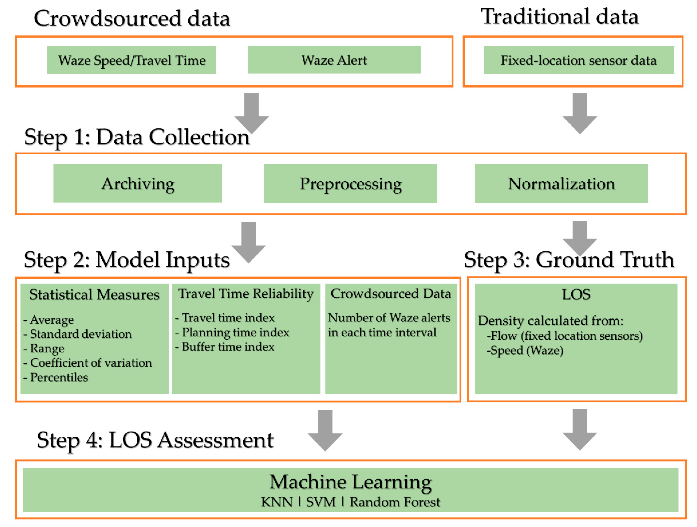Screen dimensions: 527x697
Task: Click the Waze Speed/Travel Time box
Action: click(132, 60)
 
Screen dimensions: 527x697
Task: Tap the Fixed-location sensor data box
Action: click(579, 60)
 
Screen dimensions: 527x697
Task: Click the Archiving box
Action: click(137, 183)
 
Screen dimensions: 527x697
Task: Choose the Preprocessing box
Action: click(350, 183)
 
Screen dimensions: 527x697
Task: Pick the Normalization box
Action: click(561, 183)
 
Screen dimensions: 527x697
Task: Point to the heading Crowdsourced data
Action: click(132, 18)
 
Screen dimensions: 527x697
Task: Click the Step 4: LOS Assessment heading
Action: click(155, 440)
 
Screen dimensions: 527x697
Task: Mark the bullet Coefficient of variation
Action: click(90, 363)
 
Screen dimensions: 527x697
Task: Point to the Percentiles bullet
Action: click(59, 377)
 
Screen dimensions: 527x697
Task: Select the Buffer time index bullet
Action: click(228, 347)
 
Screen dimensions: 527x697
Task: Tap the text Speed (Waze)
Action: click(526, 351)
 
